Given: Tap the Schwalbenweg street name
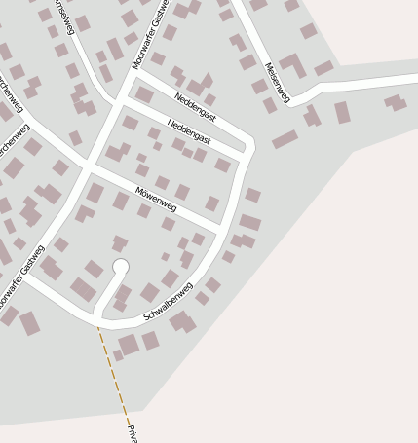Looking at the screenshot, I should pos(168,302).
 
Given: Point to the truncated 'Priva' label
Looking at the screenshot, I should pos(132,432).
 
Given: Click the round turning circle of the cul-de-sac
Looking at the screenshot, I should pos(121,266).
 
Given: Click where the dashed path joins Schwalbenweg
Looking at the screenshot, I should pos(97,325).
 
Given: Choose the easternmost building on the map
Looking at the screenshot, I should pos(395,101).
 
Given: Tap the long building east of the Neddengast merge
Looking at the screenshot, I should pos(285,140).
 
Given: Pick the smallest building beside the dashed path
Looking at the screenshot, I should pos(118,355).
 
